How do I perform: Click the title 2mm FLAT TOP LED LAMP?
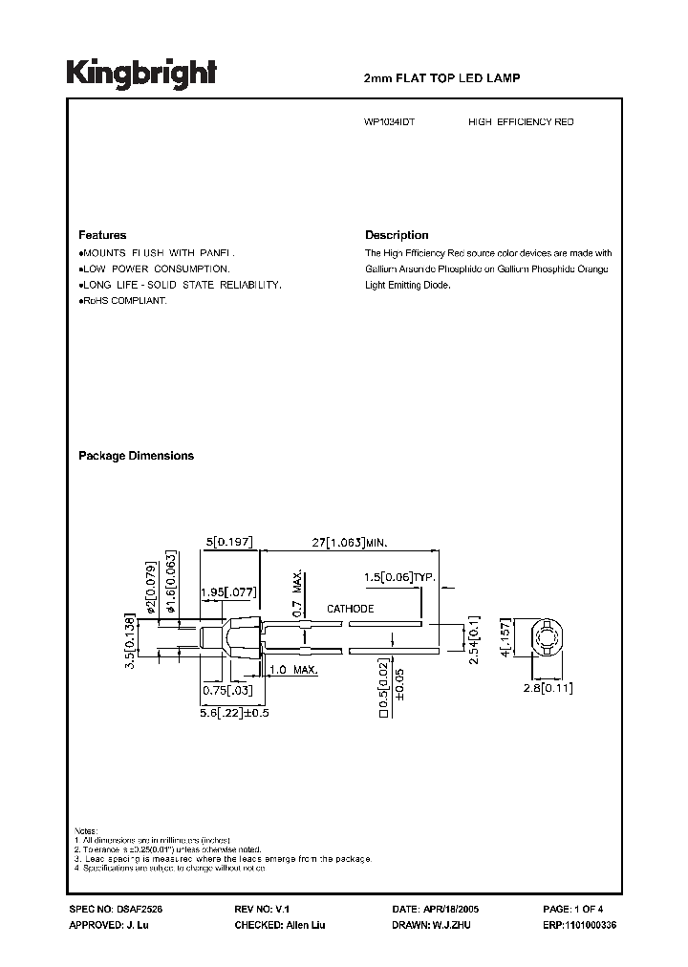pos(442,78)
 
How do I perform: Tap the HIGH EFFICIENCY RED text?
pos(521,123)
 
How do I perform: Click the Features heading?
pos(101,235)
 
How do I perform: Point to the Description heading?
pos(397,235)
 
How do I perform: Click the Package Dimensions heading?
pos(136,456)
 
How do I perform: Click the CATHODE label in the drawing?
pos(351,609)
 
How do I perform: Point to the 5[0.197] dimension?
pos(227,542)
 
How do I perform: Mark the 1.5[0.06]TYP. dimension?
pos(399,577)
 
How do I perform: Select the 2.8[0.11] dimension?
pos(548,686)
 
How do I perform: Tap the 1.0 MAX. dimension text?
pos(292,671)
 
